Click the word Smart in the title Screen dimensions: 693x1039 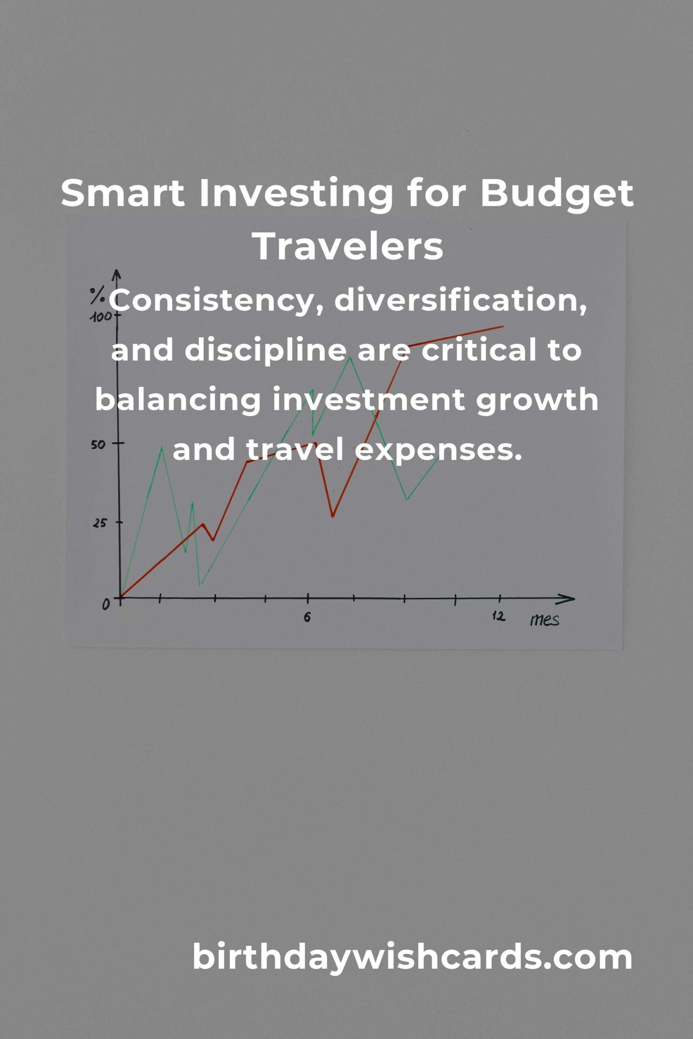pyautogui.click(x=123, y=193)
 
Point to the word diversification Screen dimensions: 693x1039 pyautogui.click(x=460, y=302)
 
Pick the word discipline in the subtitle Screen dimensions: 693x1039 pyautogui.click(x=266, y=351)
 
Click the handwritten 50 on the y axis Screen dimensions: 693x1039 pyautogui.click(x=98, y=444)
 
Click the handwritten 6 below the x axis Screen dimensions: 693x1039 pyautogui.click(x=307, y=617)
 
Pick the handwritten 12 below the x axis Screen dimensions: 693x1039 pyautogui.click(x=499, y=616)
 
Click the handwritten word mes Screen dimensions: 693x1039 pyautogui.click(x=544, y=620)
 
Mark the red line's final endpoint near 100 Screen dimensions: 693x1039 pyautogui.click(x=503, y=326)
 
